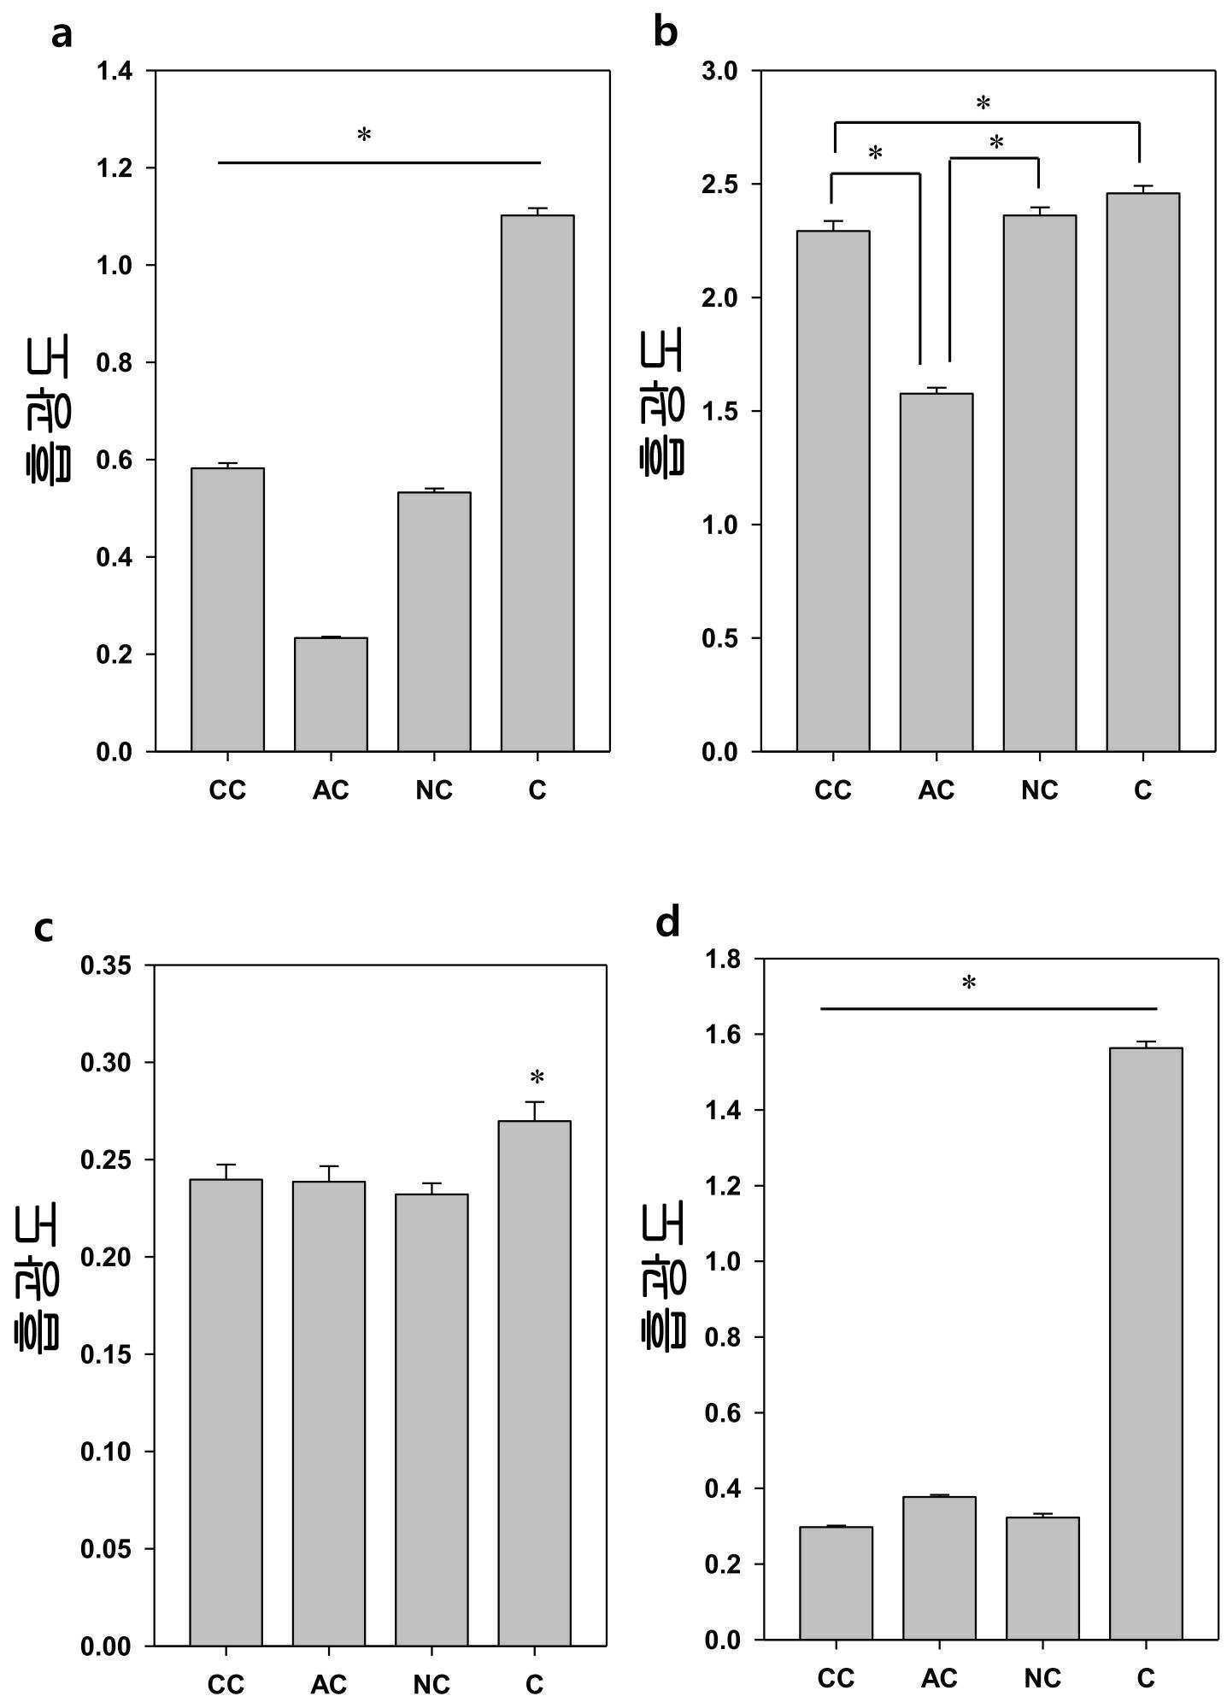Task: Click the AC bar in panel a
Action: (x=331, y=695)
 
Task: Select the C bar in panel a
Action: (x=537, y=484)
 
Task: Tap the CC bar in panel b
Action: (x=833, y=491)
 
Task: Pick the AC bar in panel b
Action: (x=936, y=572)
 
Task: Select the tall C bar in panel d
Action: (x=1146, y=1344)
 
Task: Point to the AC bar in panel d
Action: (x=939, y=1569)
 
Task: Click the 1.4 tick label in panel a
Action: (x=114, y=71)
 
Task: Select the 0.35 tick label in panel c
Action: (x=107, y=966)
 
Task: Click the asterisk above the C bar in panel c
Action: (x=537, y=1077)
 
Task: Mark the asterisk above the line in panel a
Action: (x=364, y=134)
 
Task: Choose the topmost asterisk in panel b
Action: (x=983, y=103)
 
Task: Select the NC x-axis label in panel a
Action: (x=434, y=790)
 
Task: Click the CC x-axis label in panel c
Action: (x=226, y=1685)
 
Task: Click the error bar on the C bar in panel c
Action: (x=535, y=1112)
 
